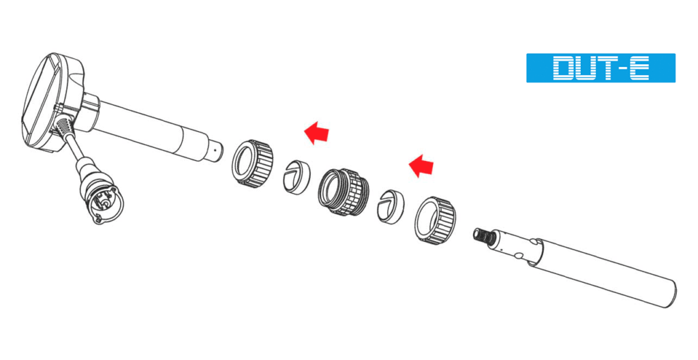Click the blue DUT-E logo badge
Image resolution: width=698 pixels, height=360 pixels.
(601, 68)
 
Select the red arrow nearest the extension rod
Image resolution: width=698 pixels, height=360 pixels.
(421, 166)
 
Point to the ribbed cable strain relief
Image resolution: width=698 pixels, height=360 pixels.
(66, 134)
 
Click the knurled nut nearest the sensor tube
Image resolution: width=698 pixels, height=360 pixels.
(252, 163)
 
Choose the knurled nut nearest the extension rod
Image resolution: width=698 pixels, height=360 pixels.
(435, 220)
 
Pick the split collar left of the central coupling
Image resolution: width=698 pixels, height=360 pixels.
(297, 177)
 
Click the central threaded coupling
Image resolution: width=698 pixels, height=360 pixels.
(344, 192)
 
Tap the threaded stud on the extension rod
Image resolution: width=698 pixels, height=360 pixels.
(484, 235)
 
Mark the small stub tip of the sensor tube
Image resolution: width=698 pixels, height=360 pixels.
(216, 150)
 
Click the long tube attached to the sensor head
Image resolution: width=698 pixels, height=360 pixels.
(151, 130)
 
